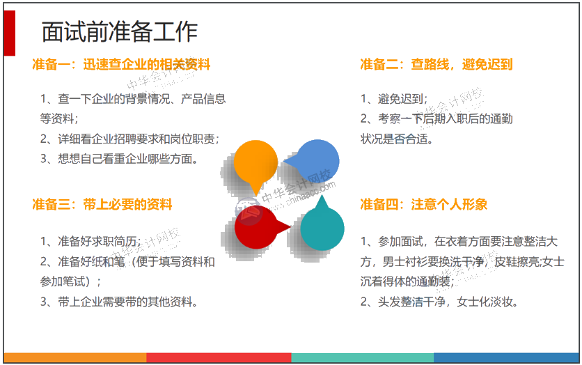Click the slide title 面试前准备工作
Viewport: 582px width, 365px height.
[119, 32]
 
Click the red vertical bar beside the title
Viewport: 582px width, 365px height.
[9, 33]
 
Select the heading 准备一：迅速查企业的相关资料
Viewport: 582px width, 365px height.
[121, 65]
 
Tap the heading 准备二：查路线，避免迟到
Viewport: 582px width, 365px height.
[436, 65]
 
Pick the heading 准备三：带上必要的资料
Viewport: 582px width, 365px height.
[102, 205]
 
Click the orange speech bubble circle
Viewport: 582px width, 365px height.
[255, 161]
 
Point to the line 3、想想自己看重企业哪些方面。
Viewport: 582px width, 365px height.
[119, 159]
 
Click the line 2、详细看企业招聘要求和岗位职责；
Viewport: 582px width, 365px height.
[129, 139]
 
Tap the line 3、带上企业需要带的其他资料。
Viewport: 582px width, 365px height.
[119, 302]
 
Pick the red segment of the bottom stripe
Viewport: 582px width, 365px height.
[219, 358]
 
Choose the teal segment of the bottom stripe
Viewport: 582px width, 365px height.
[362, 358]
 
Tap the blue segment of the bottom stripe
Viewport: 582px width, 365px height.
[506, 358]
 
